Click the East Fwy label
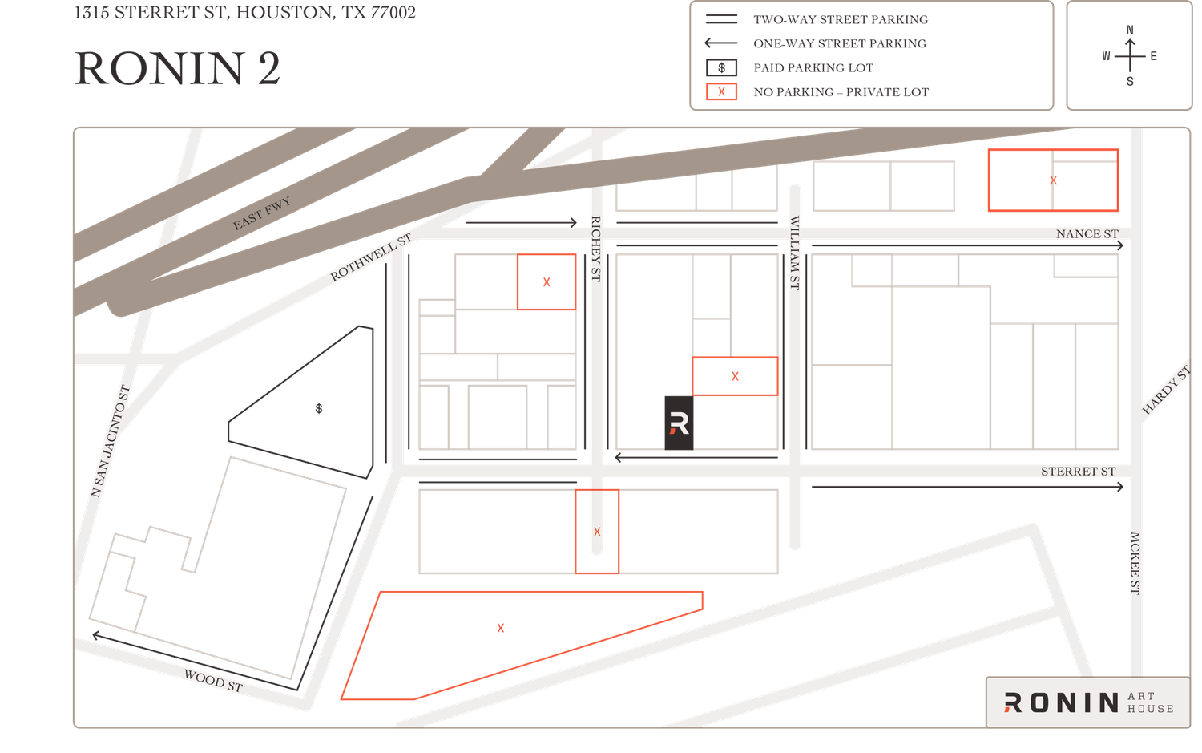point(261,213)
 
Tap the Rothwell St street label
point(371,257)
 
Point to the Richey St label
point(595,249)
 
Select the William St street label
point(795,253)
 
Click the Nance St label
point(1087,234)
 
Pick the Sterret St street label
point(1078,472)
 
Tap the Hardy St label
point(1167,390)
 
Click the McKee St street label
point(1135,563)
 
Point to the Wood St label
point(214,681)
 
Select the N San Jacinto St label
point(110,441)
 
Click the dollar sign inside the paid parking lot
point(319,409)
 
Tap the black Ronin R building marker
point(679,423)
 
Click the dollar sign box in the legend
point(721,67)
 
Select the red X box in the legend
point(721,92)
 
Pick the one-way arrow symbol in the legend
point(721,43)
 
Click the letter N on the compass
point(1130,30)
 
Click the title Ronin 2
point(177,68)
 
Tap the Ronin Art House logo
point(1088,702)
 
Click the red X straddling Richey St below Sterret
point(597,532)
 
